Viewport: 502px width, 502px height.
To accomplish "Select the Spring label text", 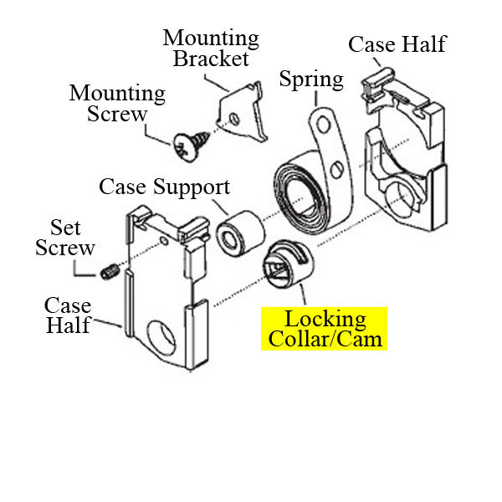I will coord(311,79).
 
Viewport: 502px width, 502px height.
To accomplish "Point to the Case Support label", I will coord(164,186).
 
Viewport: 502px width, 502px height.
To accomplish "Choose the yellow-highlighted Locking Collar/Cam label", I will coord(325,329).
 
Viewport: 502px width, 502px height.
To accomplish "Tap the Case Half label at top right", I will coord(397,44).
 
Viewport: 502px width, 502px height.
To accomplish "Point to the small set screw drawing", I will coord(107,271).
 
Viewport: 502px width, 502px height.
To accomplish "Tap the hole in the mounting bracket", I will coord(235,120).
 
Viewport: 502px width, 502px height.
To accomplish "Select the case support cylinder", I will coord(237,230).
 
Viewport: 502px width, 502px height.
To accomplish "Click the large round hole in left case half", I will coord(161,339).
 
